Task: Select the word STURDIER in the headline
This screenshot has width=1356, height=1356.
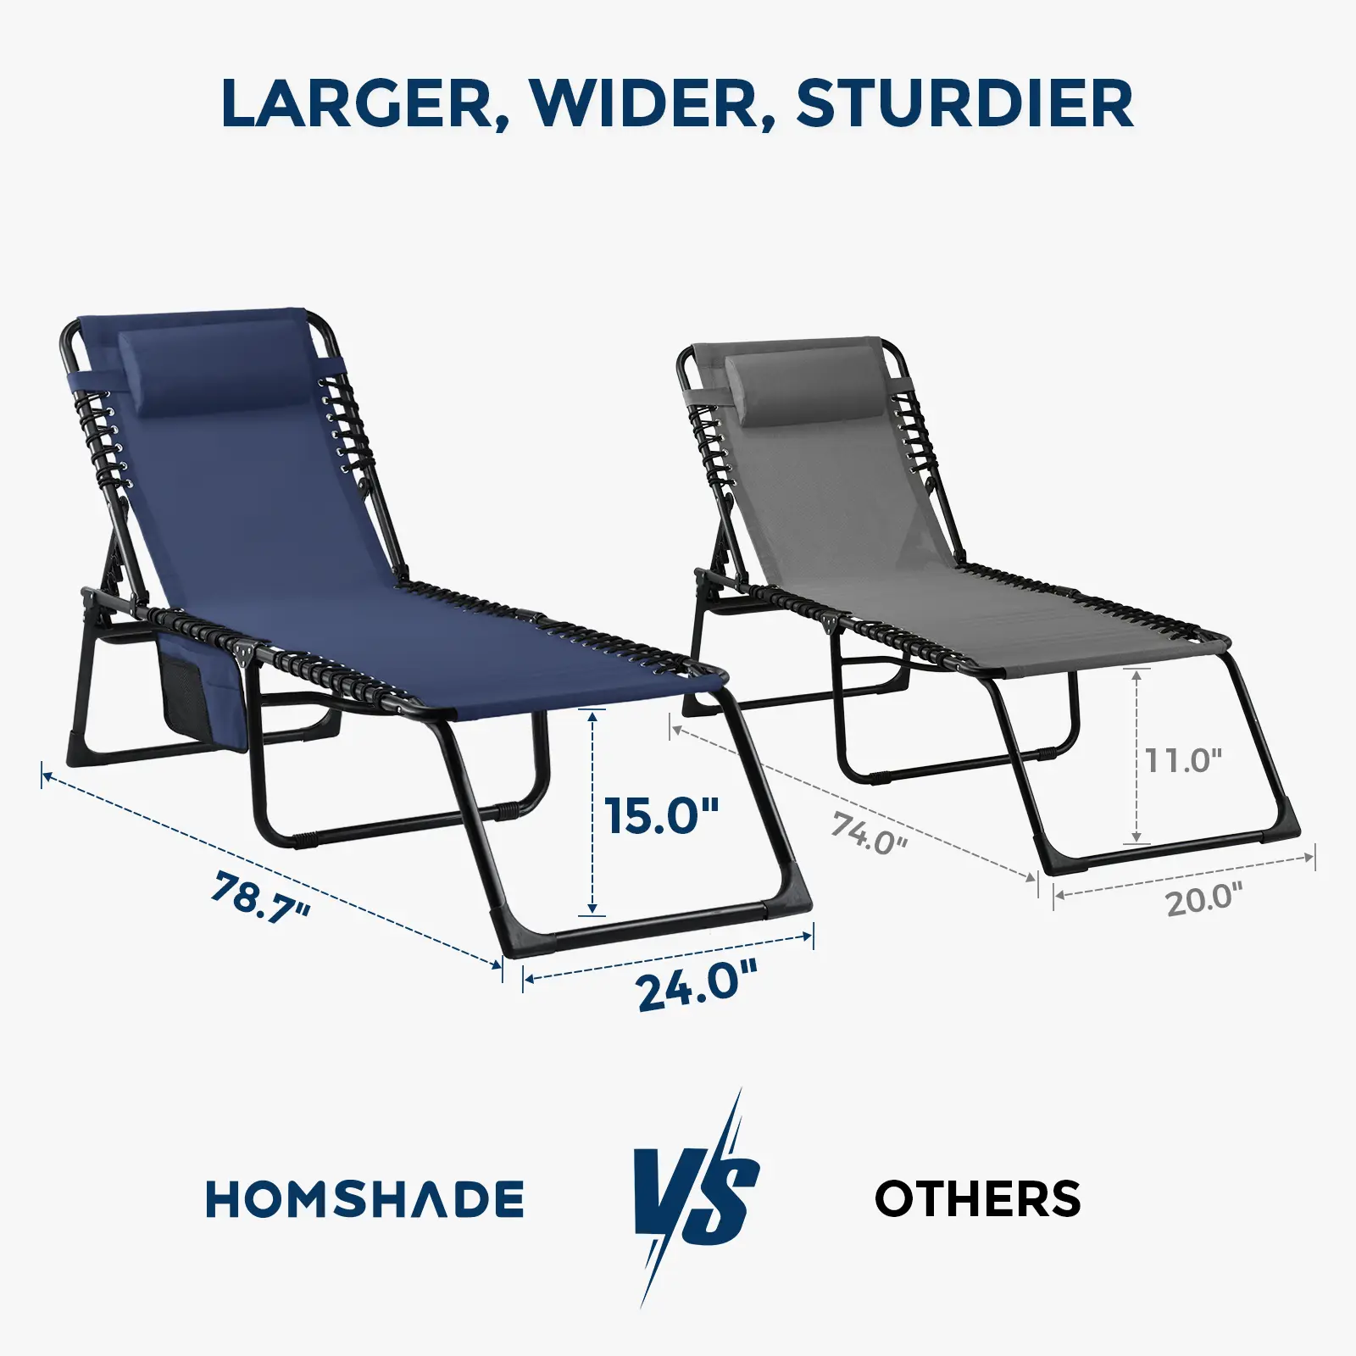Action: (x=964, y=103)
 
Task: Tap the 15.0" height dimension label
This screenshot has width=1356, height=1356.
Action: (x=662, y=815)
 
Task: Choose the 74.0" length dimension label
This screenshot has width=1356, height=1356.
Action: (x=869, y=833)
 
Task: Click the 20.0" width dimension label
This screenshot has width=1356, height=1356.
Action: (x=1204, y=898)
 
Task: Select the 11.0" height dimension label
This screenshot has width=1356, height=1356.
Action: (x=1184, y=760)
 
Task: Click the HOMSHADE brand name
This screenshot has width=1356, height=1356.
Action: (x=365, y=1198)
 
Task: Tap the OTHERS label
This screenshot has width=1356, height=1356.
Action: (x=977, y=1198)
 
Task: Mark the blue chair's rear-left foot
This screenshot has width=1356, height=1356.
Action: (x=81, y=747)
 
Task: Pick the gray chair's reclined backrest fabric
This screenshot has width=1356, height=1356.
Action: (x=839, y=492)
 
